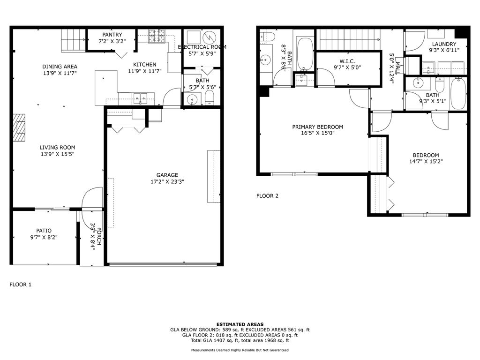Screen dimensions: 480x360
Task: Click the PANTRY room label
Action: pos(112,35)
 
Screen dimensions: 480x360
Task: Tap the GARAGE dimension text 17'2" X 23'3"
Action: pos(167,182)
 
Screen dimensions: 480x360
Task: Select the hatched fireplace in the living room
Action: pos(19,127)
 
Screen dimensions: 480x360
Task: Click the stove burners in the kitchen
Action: pos(157,36)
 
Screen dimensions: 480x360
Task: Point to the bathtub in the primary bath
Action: pos(305,54)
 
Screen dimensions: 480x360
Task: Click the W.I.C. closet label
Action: pos(347,61)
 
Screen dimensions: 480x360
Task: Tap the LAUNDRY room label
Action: pos(444,44)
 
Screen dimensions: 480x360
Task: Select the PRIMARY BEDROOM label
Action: pos(317,127)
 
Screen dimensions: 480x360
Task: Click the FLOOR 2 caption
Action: pos(267,196)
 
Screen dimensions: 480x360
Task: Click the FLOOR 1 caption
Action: pos(21,285)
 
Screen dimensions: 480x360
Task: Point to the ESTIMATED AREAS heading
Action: pos(240,324)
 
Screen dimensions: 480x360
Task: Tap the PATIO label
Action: pos(44,231)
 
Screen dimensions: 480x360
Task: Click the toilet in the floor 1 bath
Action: pos(210,98)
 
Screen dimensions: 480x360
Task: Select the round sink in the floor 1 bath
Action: pos(192,99)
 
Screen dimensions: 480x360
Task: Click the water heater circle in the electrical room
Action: pos(210,37)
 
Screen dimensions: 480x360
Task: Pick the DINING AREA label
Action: pos(60,67)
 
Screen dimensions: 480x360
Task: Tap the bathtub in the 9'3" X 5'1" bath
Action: pos(458,93)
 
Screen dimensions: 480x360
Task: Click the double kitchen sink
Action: pos(140,98)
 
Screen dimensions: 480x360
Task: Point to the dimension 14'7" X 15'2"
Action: pos(426,162)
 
